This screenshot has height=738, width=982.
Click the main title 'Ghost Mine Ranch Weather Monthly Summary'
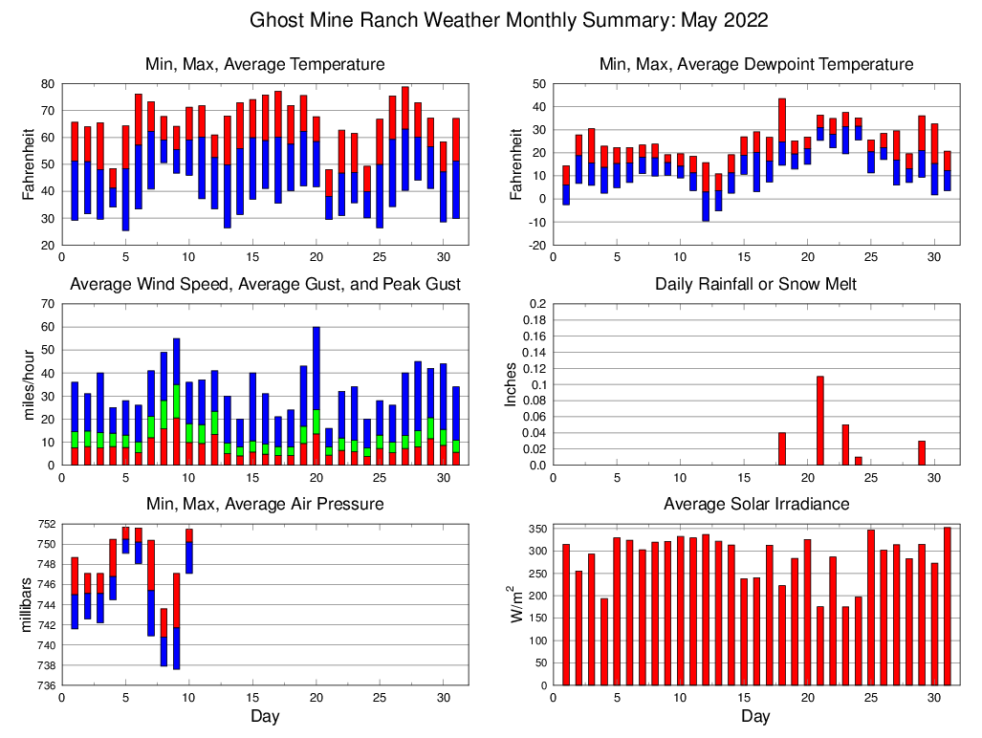point(509,20)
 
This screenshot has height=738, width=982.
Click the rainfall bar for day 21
point(820,421)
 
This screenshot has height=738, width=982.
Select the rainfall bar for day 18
point(782,449)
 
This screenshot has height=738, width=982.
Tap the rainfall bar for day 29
point(922,453)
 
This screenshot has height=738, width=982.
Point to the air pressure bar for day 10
point(189,551)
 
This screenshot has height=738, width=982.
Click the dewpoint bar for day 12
point(706,192)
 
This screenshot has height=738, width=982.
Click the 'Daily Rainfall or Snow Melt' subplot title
point(755,284)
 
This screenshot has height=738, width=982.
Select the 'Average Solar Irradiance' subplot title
point(755,504)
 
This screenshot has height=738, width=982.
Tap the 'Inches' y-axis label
point(513,384)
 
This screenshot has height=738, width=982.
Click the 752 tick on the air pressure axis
point(44,525)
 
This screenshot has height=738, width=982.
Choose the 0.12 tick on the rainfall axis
point(533,369)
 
